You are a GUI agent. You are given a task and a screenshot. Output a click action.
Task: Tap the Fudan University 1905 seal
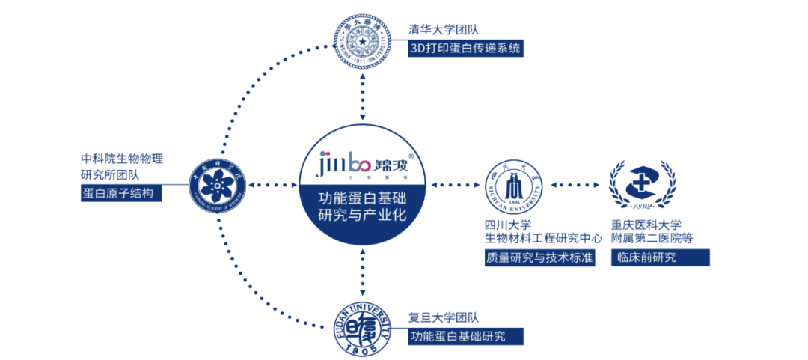pyautogui.click(x=362, y=326)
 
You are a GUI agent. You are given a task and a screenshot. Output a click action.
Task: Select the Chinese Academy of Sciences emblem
pyautogui.click(x=218, y=184)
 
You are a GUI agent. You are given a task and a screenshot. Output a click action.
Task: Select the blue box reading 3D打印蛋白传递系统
pyautogui.click(x=465, y=49)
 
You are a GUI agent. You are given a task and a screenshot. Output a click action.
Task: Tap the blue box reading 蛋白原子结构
pyautogui.click(x=120, y=194)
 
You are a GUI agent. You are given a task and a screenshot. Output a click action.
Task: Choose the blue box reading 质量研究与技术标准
pyautogui.click(x=539, y=257)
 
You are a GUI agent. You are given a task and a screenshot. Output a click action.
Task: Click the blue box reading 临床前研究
pyautogui.click(x=659, y=257)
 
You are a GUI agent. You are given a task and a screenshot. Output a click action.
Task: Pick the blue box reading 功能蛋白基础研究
pyautogui.click(x=465, y=336)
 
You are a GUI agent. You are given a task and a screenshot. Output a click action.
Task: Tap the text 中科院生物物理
pyautogui.click(x=121, y=159)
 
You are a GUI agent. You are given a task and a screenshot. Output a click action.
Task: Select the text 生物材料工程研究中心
pyautogui.click(x=543, y=238)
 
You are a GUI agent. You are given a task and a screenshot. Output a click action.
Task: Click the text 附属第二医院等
pyautogui.click(x=652, y=238)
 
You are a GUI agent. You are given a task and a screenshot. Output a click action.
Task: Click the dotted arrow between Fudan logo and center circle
pyautogui.click(x=362, y=274)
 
